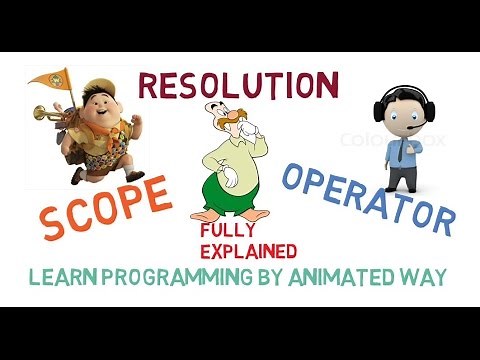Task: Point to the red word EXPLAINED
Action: [246, 249]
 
